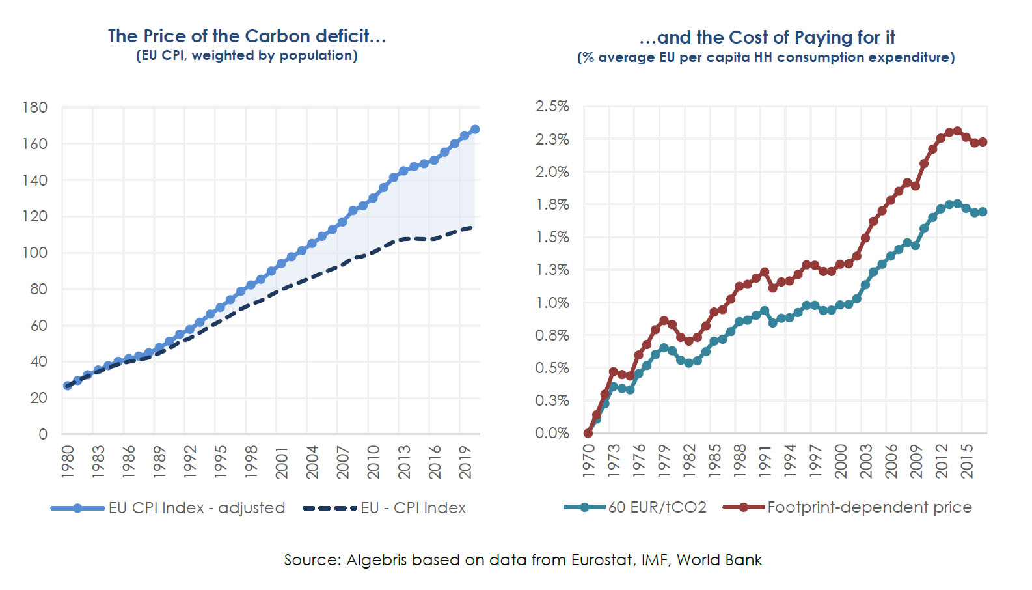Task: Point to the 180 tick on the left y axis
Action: point(35,107)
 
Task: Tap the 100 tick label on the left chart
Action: point(35,253)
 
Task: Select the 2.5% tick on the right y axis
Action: point(552,107)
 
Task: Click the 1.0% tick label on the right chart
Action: point(552,303)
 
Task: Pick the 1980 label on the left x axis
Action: point(68,462)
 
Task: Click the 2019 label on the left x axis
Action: point(466,462)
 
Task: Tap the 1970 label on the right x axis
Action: point(589,461)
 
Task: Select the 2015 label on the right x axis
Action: point(968,461)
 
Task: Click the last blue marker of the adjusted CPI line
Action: point(475,130)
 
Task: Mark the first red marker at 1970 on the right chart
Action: point(588,433)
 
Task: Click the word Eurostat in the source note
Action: point(602,560)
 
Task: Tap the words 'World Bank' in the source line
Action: point(719,560)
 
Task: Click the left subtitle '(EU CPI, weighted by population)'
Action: point(247,56)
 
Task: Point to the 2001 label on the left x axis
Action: point(282,462)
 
